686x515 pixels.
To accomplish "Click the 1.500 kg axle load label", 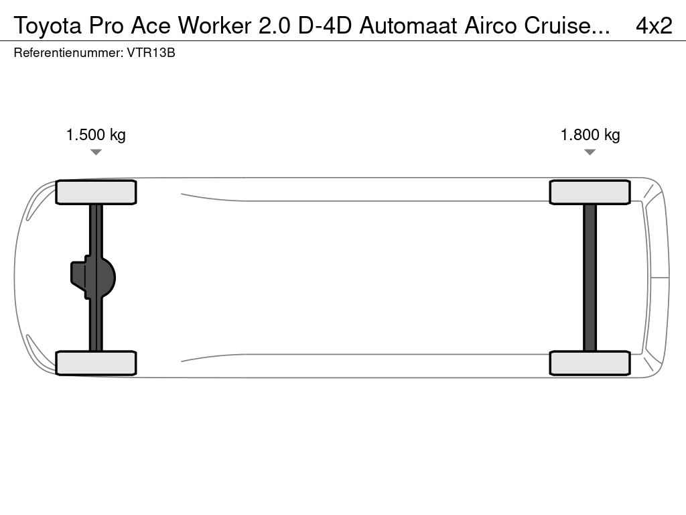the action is pyautogui.click(x=96, y=135).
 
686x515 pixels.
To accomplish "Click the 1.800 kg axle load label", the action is pyautogui.click(x=590, y=135).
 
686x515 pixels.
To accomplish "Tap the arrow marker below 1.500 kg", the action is pyautogui.click(x=96, y=152).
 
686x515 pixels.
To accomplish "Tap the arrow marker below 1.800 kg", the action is pyautogui.click(x=590, y=152).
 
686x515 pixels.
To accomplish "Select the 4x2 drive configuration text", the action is pyautogui.click(x=654, y=26).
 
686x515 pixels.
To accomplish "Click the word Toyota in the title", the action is pyautogui.click(x=48, y=26).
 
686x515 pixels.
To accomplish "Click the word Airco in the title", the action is pyautogui.click(x=491, y=26).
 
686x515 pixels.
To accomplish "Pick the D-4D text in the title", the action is pyautogui.click(x=325, y=26).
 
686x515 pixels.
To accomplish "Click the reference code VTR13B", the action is pyautogui.click(x=151, y=53).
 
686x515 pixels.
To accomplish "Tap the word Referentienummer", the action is pyautogui.click(x=68, y=53).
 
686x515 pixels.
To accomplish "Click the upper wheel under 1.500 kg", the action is pyautogui.click(x=96, y=192).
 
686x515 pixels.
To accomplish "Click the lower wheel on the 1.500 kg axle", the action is pyautogui.click(x=96, y=363).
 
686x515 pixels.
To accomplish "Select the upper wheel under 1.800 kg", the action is pyautogui.click(x=590, y=192).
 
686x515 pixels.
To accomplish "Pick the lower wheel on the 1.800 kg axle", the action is pyautogui.click(x=590, y=363).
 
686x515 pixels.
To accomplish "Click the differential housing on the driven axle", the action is pyautogui.click(x=92, y=278).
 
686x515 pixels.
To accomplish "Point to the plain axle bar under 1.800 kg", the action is pyautogui.click(x=590, y=278).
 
